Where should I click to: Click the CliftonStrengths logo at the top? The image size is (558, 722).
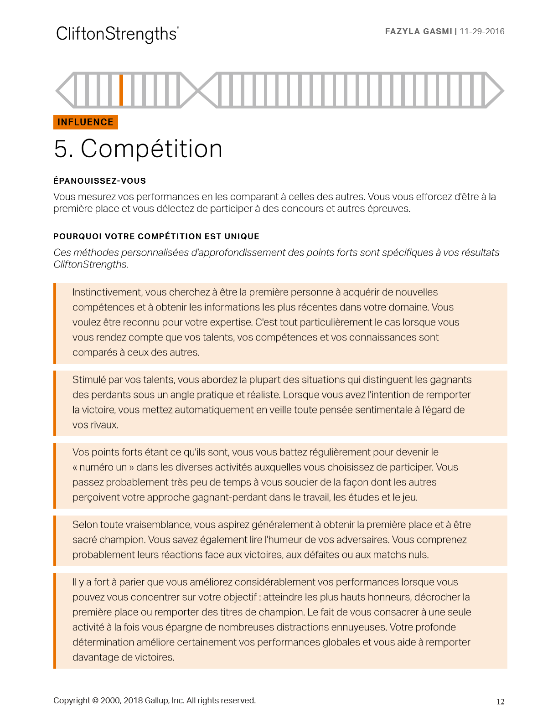pyautogui.click(x=117, y=34)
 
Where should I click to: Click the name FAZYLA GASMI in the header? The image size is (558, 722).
pyautogui.click(x=418, y=31)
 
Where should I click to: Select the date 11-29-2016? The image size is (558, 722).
pyautogui.click(x=482, y=31)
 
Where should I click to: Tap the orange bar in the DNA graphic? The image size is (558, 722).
pyautogui.click(x=121, y=90)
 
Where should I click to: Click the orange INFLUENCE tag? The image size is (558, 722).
pyautogui.click(x=86, y=122)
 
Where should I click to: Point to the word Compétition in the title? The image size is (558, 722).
pyautogui.click(x=151, y=149)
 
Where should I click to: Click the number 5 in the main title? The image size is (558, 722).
pyautogui.click(x=61, y=149)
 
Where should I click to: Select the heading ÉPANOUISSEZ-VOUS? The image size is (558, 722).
pyautogui.click(x=99, y=181)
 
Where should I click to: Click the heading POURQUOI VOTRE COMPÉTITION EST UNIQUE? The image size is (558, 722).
pyautogui.click(x=156, y=237)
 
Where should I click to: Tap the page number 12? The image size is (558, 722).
pyautogui.click(x=500, y=702)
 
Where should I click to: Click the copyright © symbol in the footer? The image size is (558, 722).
pyautogui.click(x=95, y=701)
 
